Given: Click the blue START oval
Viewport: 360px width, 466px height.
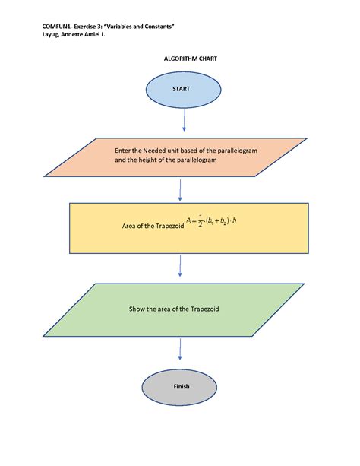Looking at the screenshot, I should [181, 89].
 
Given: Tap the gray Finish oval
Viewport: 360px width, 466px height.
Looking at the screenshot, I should [181, 386].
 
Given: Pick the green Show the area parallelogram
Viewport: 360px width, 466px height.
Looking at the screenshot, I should [180, 309].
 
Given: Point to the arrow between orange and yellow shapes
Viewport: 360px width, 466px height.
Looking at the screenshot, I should [180, 191].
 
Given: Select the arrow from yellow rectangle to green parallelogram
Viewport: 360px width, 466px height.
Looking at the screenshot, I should [180, 266].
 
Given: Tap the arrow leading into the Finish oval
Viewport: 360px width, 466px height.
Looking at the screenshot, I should [180, 350].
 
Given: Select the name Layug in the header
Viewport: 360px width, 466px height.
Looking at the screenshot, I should [52, 34].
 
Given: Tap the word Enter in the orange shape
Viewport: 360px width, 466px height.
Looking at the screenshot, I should [124, 151].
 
